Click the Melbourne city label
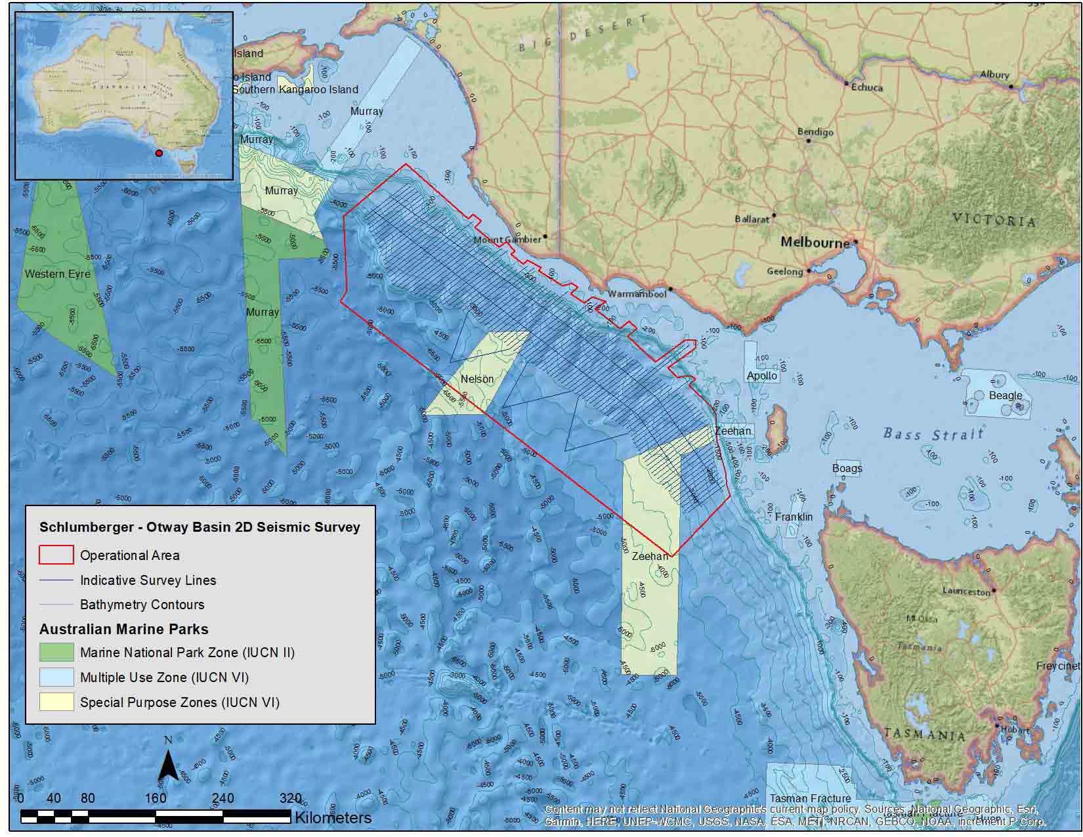(815, 242)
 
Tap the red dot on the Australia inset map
(158, 154)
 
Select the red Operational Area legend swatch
(56, 555)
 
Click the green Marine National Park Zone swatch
(56, 652)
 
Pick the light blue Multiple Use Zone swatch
(56, 677)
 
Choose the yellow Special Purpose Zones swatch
(56, 702)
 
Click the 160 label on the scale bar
(156, 798)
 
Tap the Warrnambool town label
(637, 293)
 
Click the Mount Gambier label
(507, 240)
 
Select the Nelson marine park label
(477, 379)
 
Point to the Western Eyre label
(57, 274)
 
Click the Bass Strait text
(933, 433)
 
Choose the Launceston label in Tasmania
(966, 591)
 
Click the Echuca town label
(867, 87)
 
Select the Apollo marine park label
(762, 376)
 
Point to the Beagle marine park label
(1006, 395)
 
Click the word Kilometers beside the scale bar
(333, 817)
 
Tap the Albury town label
(994, 75)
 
